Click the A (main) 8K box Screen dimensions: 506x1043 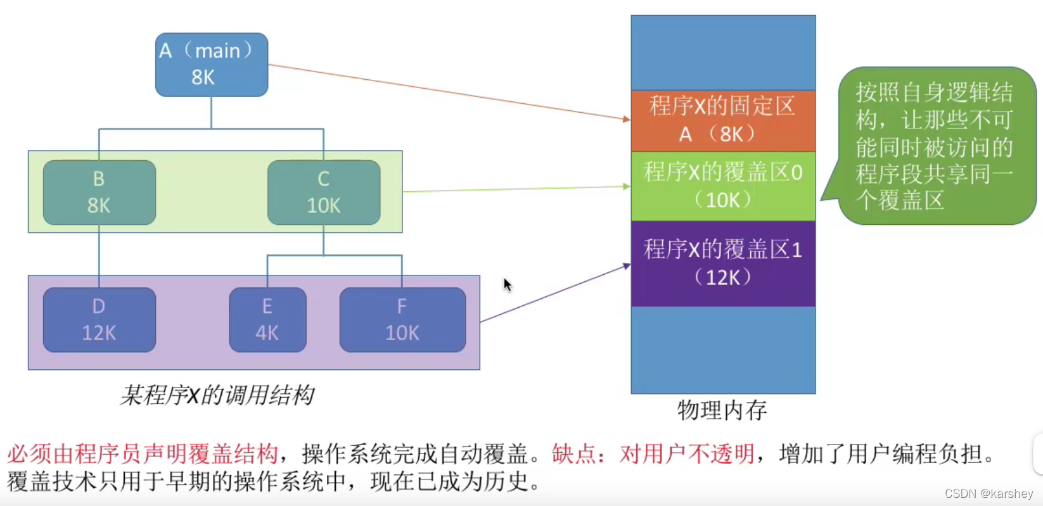pos(211,65)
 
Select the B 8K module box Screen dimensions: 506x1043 pos(99,193)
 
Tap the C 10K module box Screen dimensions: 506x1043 pos(324,193)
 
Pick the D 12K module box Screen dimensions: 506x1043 pos(99,320)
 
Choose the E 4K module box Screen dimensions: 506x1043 pos(267,320)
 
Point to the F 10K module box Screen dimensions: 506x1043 pos(402,320)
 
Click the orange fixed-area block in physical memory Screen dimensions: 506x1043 pos(723,120)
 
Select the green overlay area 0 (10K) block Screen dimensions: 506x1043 pos(723,186)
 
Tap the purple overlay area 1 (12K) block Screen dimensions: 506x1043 pos(723,263)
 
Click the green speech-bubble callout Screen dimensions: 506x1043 pos(935,146)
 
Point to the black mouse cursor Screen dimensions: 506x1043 pos(507,284)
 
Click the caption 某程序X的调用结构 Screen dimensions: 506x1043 pos(217,395)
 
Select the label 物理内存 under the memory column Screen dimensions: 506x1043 pos(722,410)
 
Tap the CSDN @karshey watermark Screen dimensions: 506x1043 pos(989,493)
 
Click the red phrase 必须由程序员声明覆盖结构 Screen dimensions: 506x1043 pos(143,454)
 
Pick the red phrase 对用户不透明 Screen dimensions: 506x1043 pos(687,454)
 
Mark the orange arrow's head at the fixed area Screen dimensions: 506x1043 pos(627,118)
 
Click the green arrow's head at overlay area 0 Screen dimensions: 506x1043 pos(627,186)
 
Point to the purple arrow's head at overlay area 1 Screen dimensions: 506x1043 pos(627,266)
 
